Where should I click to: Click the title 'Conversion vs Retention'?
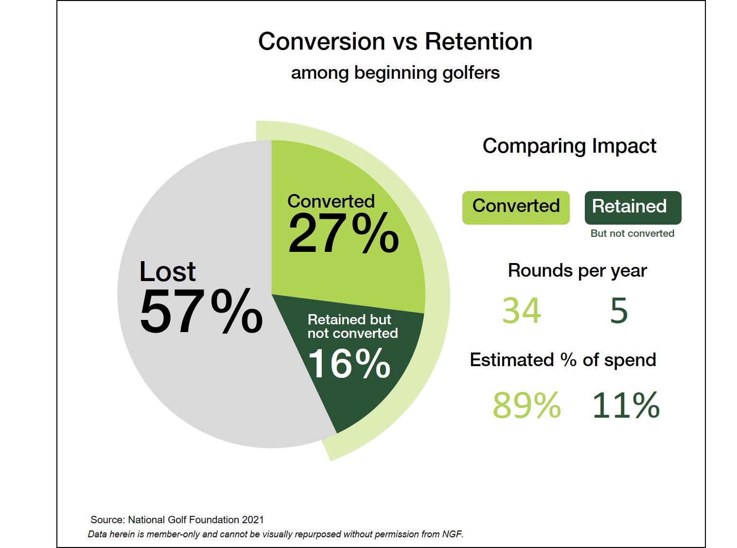tap(395, 41)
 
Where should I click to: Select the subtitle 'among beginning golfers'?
tap(395, 73)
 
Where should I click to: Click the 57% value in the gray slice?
tap(201, 312)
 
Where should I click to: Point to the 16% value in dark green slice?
tap(349, 363)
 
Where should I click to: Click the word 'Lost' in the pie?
tap(167, 271)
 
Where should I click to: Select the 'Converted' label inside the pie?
tap(331, 201)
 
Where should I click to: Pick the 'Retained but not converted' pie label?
tap(352, 326)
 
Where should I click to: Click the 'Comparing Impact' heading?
tap(569, 146)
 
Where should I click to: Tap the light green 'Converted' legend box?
tap(516, 207)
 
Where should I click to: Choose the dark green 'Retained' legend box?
tap(632, 207)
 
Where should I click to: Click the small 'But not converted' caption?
tap(632, 233)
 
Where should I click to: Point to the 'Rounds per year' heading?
tap(577, 270)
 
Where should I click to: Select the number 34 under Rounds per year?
tap(521, 311)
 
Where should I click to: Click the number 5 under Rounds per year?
tap(619, 311)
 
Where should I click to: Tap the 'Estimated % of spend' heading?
tap(562, 360)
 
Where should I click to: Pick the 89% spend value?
tap(526, 405)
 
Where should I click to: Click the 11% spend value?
tap(626, 405)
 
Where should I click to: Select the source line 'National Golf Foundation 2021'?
tap(177, 519)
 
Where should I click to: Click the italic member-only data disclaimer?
tap(276, 534)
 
